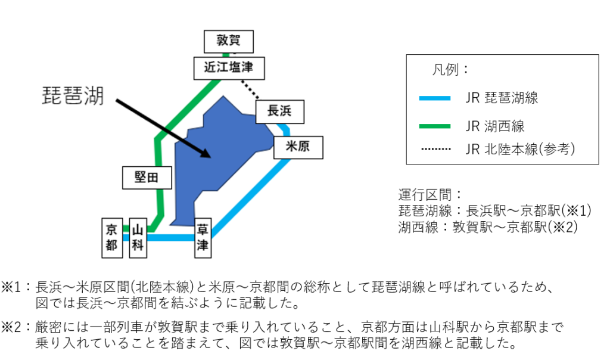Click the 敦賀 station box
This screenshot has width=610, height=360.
point(228,41)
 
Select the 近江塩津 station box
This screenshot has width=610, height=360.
point(229,68)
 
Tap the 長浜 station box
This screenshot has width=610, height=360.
point(279,111)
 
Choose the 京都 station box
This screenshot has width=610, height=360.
point(111,237)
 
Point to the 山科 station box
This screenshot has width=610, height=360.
point(138,237)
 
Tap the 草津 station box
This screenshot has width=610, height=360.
point(203,237)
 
